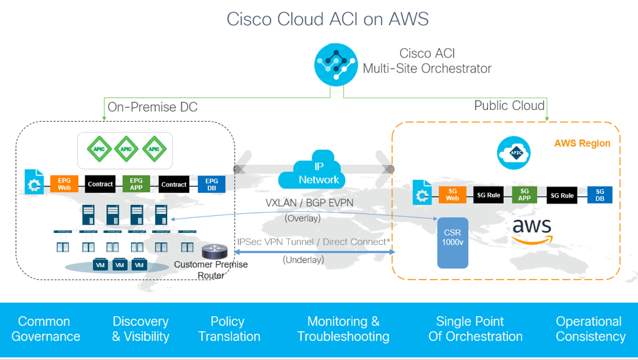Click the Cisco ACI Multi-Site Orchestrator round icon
pyautogui.click(x=335, y=63)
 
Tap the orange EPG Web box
pyautogui.click(x=64, y=185)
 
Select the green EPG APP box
pyautogui.click(x=137, y=185)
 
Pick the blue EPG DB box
pyautogui.click(x=212, y=185)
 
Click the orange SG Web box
pyautogui.click(x=453, y=194)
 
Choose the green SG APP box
pyautogui.click(x=525, y=194)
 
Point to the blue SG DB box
pyautogui.click(x=599, y=194)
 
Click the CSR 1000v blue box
pyautogui.click(x=453, y=243)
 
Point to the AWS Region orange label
pyautogui.click(x=582, y=143)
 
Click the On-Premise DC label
pyautogui.click(x=152, y=107)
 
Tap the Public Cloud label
pyautogui.click(x=509, y=105)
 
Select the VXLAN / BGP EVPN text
pyautogui.click(x=309, y=203)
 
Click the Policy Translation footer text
pyautogui.click(x=229, y=329)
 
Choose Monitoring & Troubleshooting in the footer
pyautogui.click(x=343, y=329)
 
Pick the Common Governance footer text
pyautogui.click(x=45, y=329)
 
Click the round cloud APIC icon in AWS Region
pyautogui.click(x=514, y=152)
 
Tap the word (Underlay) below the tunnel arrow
pyautogui.click(x=303, y=260)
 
